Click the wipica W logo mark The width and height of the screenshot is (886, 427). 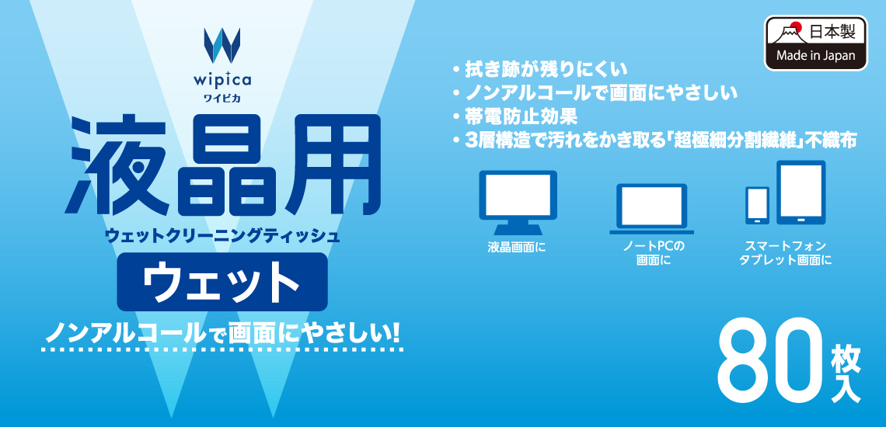click(x=222, y=45)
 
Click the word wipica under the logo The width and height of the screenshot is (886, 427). click(x=222, y=80)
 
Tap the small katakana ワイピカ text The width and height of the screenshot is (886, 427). click(x=222, y=99)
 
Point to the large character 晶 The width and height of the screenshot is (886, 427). click(x=221, y=165)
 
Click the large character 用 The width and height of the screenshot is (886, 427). click(x=328, y=165)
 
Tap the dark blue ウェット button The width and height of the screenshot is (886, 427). click(x=222, y=281)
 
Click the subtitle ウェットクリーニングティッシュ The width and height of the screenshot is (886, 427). click(x=222, y=235)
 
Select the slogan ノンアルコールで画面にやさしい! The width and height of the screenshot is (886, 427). click(x=222, y=333)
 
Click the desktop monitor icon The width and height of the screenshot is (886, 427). click(x=518, y=203)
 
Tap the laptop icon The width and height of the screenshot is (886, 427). click(x=651, y=209)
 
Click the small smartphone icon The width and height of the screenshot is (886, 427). click(x=757, y=206)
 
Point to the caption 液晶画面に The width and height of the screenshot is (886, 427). click(x=517, y=248)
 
